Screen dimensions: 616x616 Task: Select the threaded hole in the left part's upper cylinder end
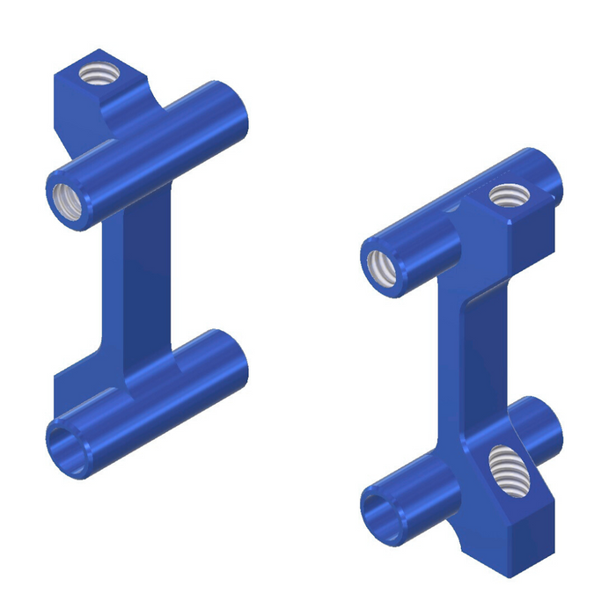click(x=68, y=202)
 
